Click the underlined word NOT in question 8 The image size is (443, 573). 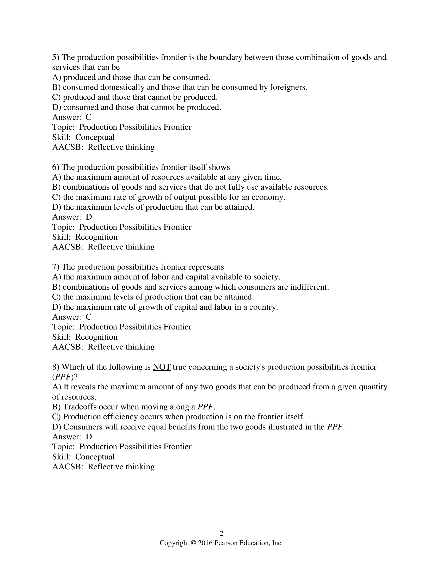[162, 367]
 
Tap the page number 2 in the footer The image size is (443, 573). [221, 533]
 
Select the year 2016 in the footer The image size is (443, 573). [205, 543]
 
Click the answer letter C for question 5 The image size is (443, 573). [88, 117]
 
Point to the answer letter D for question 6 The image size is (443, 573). [89, 217]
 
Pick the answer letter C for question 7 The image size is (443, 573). [88, 317]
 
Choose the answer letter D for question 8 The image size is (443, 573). [89, 437]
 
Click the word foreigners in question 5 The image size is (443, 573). [288, 87]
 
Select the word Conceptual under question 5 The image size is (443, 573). [95, 137]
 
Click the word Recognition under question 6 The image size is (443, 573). [96, 237]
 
